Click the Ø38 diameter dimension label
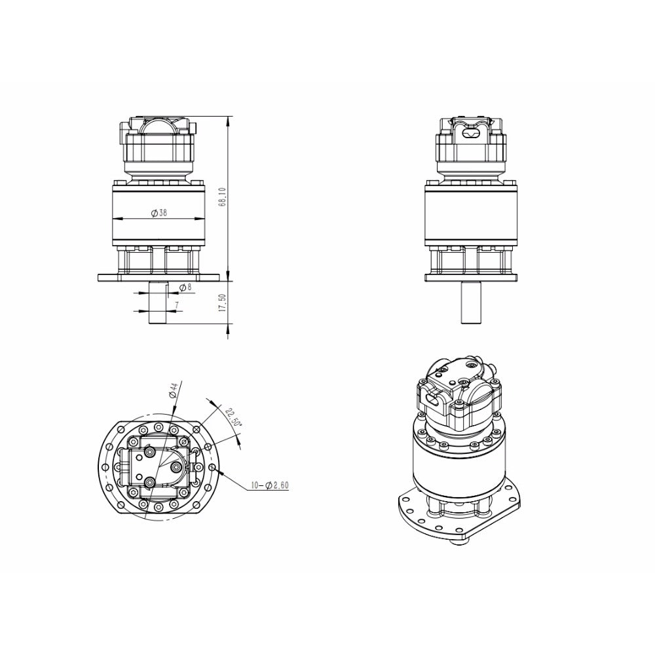point(159,213)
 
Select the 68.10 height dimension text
point(222,196)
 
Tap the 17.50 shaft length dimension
point(222,303)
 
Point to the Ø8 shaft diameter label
point(185,288)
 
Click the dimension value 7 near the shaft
point(177,305)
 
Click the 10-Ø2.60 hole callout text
point(269,485)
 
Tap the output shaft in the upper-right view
point(471,302)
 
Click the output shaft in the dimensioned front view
point(158,302)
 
